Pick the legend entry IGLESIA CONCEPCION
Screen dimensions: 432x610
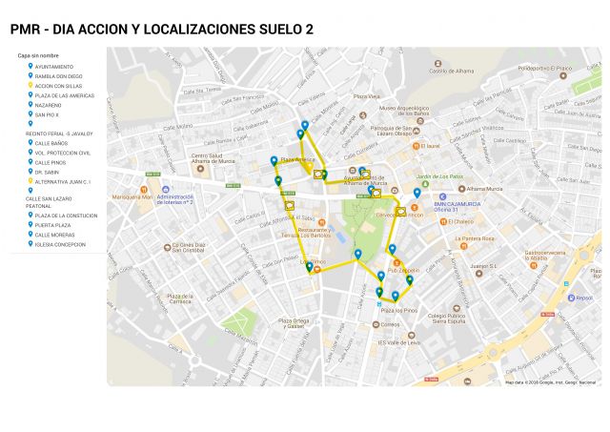point(60,244)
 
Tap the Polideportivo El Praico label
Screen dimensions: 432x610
point(544,69)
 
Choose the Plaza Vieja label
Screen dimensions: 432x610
point(367,96)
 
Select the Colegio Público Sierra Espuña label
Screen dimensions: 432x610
point(452,320)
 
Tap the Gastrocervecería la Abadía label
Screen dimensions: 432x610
point(526,256)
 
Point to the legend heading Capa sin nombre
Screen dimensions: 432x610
point(39,55)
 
